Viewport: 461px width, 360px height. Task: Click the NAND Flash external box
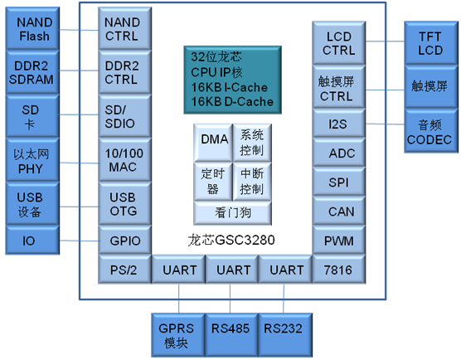pos(33,29)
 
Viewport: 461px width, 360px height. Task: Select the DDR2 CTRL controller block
pos(122,71)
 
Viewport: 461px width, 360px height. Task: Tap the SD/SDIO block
pos(122,116)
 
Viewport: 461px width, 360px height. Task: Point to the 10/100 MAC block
pos(122,159)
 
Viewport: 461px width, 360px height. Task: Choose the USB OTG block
pos(122,204)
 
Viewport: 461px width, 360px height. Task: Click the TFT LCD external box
pos(429,43)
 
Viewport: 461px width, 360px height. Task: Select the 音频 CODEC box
pos(429,132)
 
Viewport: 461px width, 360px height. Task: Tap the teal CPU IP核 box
pos(229,80)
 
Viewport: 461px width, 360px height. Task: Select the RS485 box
pos(230,328)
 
